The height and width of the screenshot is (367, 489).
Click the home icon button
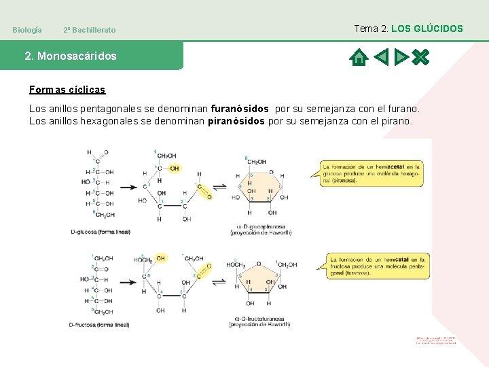357,57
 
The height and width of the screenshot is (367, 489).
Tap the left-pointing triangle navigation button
381,57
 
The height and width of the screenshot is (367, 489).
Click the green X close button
421,57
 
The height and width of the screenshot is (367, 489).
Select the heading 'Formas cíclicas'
67,90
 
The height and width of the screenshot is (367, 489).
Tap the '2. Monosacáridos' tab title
71,56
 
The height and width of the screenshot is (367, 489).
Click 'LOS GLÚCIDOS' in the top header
427,29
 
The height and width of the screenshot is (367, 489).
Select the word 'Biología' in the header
27,30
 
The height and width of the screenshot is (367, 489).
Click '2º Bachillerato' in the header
89,30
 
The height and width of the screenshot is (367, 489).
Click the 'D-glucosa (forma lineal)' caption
102,232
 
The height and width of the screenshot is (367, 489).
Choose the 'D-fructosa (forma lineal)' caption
99,325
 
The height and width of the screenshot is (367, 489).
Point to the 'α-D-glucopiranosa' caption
264,226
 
